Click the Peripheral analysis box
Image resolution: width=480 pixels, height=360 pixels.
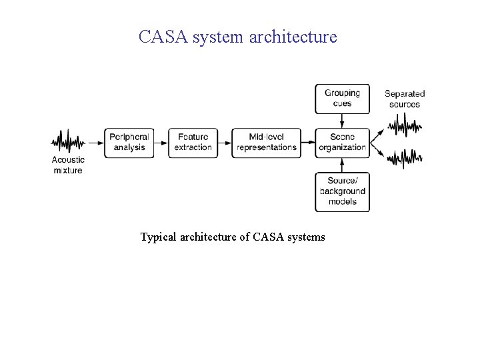click(129, 143)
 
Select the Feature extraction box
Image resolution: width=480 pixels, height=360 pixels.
click(193, 143)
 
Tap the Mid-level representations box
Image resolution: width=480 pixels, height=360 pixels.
click(267, 143)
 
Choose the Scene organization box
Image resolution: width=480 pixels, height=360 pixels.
click(342, 143)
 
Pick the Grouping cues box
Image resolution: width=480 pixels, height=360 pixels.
click(342, 99)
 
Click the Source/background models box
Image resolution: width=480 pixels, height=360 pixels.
click(342, 191)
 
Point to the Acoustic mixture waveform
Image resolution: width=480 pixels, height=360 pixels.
click(68, 141)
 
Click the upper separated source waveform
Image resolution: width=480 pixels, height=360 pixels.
click(405, 125)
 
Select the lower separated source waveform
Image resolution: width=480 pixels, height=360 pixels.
click(405, 157)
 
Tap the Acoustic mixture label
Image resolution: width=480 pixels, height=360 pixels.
click(68, 165)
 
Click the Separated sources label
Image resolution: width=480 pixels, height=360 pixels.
click(405, 99)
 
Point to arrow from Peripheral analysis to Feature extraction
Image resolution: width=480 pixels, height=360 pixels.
click(161, 143)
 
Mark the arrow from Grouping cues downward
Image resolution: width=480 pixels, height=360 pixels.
click(342, 121)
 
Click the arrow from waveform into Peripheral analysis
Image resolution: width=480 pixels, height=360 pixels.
click(95, 143)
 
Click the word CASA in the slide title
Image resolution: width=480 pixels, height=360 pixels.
click(163, 37)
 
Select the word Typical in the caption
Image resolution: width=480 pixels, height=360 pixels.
click(159, 237)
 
